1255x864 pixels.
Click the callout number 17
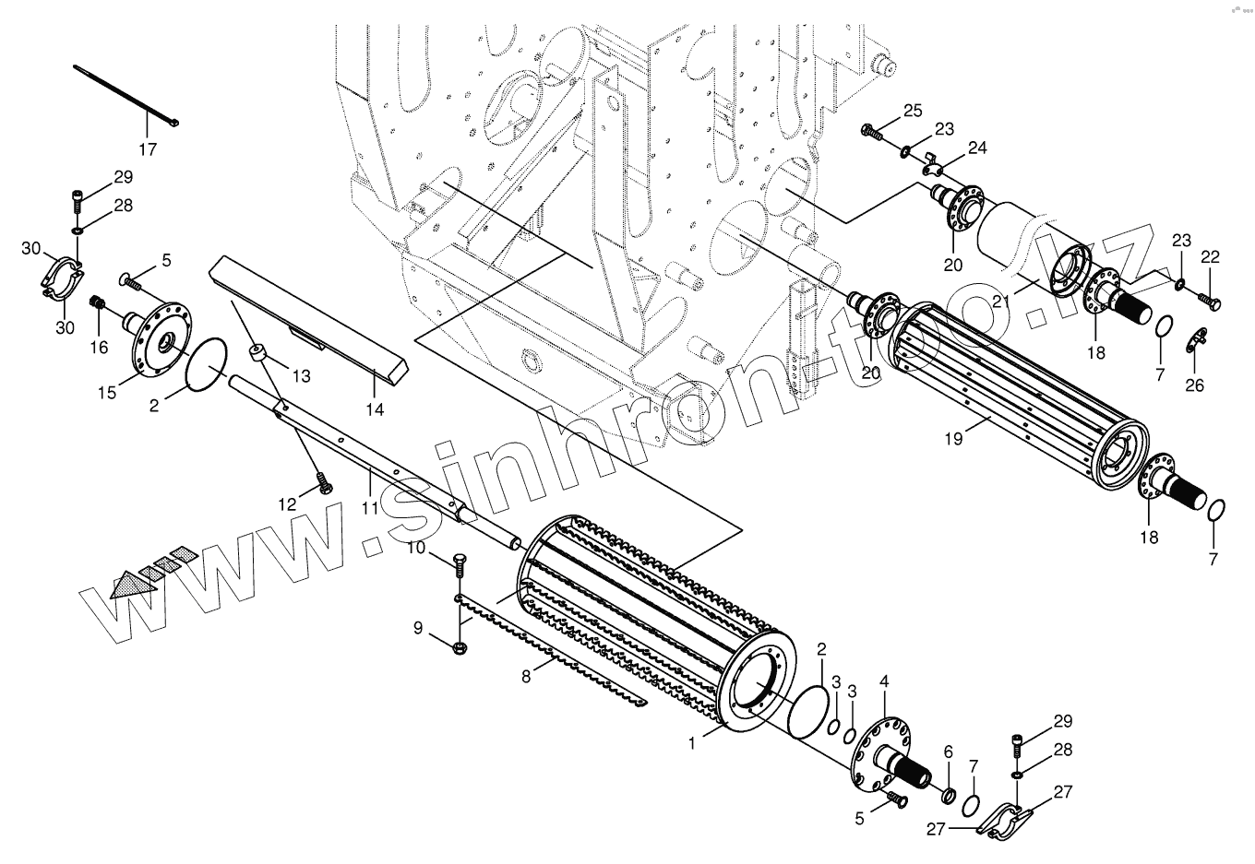coord(148,149)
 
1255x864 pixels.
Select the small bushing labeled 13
coord(258,352)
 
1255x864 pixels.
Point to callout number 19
coord(953,439)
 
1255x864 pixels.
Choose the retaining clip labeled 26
coord(1193,344)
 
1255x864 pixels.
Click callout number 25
coord(913,112)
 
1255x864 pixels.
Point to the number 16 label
coord(100,347)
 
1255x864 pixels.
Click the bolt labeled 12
coord(323,481)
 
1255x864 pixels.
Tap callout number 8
coord(526,677)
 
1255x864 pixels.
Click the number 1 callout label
coord(693,740)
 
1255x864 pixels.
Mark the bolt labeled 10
coord(459,562)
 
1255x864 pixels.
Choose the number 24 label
coord(977,148)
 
